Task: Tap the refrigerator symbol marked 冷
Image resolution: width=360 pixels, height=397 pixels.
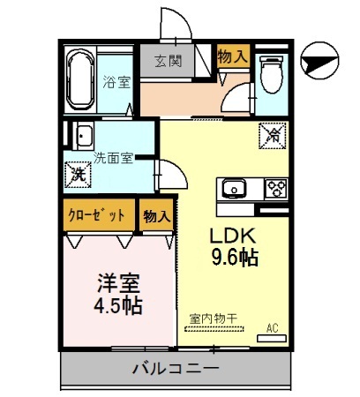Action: [x=274, y=135]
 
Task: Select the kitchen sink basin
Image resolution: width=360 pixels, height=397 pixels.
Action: [x=233, y=188]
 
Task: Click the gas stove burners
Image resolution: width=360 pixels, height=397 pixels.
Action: [x=275, y=188]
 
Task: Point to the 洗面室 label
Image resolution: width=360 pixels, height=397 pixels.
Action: [x=114, y=159]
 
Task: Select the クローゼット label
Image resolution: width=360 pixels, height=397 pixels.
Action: [x=99, y=215]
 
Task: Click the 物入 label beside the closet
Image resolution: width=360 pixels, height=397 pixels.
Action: [x=156, y=215]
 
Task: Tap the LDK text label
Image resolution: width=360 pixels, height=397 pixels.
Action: [x=232, y=236]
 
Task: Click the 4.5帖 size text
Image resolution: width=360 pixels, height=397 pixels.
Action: [x=119, y=307]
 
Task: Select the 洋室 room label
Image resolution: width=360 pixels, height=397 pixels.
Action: [x=119, y=285]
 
